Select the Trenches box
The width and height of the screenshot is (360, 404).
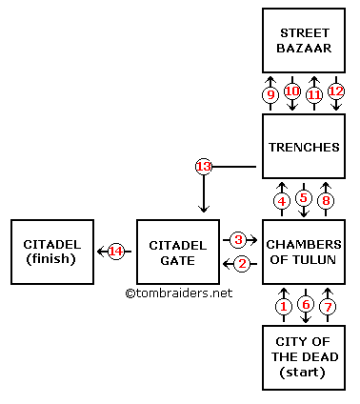[303, 148]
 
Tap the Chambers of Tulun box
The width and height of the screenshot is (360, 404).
[303, 252]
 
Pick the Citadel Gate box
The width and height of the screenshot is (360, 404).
[178, 252]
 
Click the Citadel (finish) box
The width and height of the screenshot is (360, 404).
[52, 252]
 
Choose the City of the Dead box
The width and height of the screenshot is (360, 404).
[303, 357]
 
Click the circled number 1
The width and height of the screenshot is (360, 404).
[282, 305]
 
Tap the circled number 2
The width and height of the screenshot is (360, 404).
[241, 263]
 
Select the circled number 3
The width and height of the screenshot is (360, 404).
[239, 239]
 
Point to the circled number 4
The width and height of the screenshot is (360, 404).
[282, 200]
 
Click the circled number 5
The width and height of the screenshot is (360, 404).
[303, 199]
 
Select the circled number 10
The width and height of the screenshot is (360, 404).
[292, 92]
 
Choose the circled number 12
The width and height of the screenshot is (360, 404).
[334, 92]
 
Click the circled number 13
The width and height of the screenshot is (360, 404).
[203, 167]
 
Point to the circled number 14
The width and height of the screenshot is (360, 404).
[116, 252]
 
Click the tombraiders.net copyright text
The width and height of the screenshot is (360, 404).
[178, 293]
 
